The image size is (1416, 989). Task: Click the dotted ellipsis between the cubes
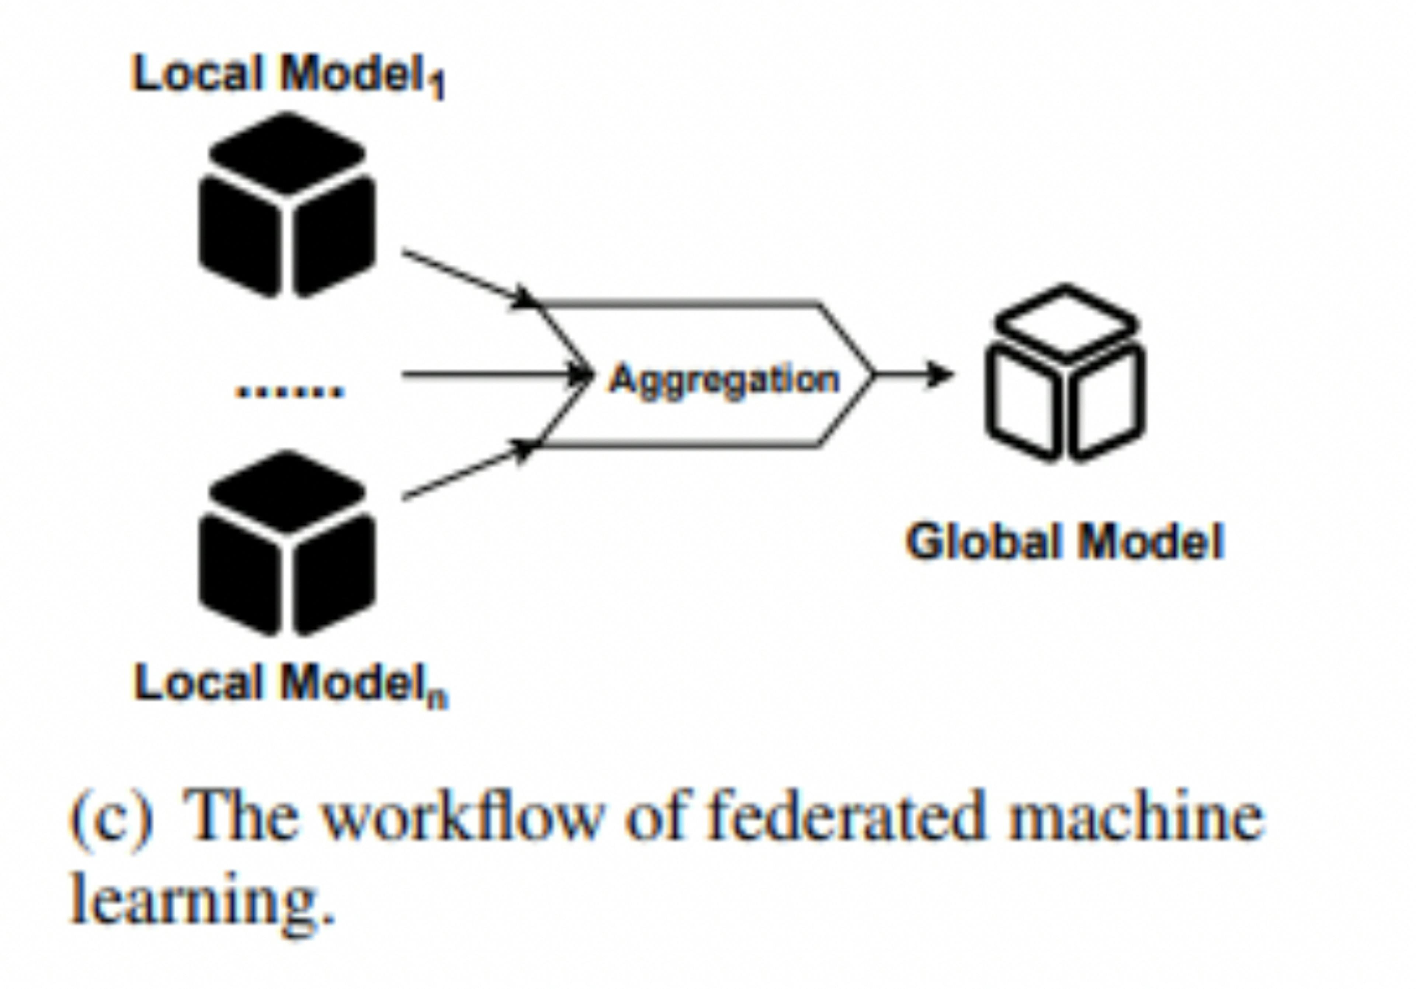coord(289,390)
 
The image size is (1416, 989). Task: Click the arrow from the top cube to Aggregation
coord(469,278)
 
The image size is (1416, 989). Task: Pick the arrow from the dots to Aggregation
coord(493,374)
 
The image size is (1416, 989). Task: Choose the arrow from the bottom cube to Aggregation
coord(469,470)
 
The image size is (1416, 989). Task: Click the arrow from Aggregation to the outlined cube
coord(913,374)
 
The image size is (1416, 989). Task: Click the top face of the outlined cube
coord(1066,321)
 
